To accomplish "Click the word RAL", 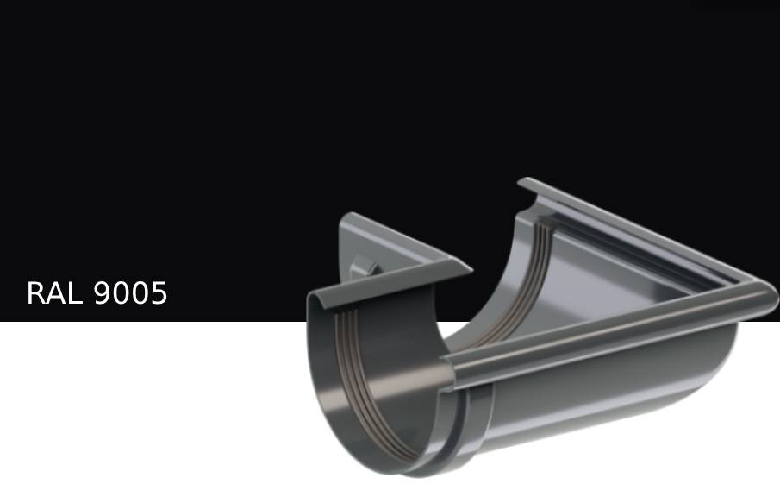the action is [54, 292].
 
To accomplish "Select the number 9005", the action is [130, 292].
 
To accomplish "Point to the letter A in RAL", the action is [53, 292].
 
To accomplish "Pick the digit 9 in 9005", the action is [102, 292].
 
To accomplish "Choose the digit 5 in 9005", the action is [159, 292].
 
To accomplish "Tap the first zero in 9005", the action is [121, 292].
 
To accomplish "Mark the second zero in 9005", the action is [140, 292].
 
